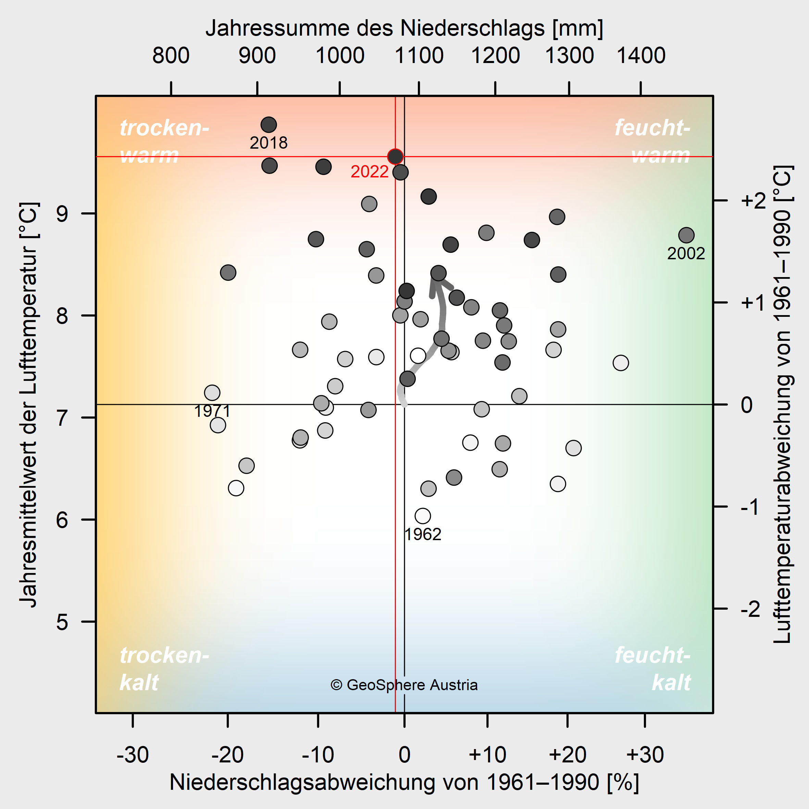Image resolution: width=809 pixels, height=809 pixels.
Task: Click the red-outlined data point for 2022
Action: point(395,157)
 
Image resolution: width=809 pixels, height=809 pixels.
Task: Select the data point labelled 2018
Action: point(269,124)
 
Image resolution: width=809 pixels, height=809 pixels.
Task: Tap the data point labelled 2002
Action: point(686,235)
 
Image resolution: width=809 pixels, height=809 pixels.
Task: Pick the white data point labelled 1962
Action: point(423,516)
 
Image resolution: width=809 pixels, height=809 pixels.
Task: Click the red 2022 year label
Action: point(369,172)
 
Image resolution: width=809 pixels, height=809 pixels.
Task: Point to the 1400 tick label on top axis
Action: point(641,56)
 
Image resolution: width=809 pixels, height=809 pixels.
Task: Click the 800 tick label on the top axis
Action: point(171,56)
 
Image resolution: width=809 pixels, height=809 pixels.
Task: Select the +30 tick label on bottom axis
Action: point(645,755)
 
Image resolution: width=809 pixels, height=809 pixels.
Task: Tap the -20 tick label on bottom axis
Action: point(227,755)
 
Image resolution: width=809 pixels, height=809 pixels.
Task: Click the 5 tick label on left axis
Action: point(62,622)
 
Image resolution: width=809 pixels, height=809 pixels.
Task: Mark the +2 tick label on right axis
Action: point(753,201)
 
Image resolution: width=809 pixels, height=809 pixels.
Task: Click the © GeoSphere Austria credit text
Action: point(404,685)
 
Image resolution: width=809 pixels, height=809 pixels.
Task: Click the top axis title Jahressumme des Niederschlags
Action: point(404,28)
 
